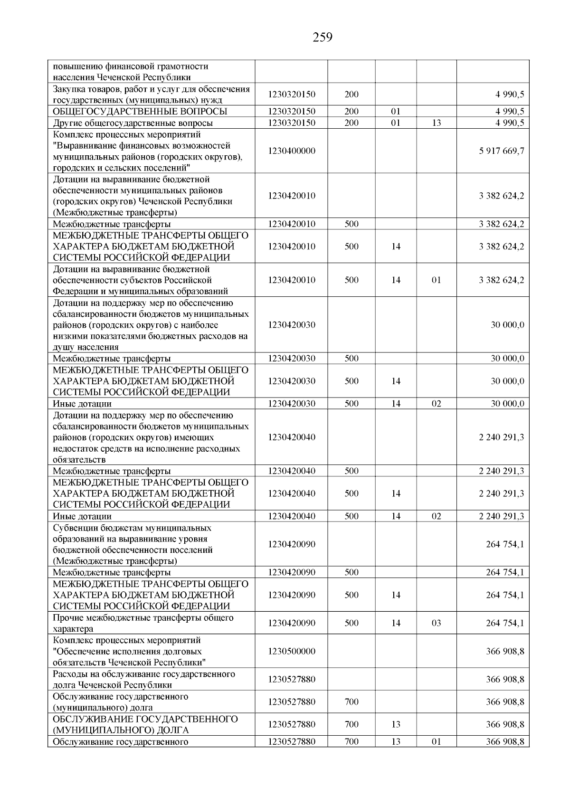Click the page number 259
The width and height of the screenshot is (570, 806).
[323, 37]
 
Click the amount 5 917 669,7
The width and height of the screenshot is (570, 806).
[502, 151]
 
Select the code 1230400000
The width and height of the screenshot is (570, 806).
[291, 151]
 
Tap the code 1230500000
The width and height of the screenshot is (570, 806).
[291, 651]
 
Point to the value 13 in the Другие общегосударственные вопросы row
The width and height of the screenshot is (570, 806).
[436, 123]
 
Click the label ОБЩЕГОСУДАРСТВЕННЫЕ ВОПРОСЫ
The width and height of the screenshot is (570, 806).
[140, 112]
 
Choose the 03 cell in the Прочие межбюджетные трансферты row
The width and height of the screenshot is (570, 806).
[436, 623]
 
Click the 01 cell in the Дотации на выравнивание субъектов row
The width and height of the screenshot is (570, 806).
[436, 280]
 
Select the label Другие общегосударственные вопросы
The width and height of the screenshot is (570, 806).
[133, 123]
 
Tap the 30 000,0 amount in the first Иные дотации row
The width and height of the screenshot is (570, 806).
[507, 404]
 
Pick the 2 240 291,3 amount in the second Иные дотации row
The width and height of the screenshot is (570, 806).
[502, 516]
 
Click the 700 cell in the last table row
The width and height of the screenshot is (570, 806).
[351, 742]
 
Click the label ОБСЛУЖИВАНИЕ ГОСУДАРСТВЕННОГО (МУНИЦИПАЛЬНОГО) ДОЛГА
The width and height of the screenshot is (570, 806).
[145, 724]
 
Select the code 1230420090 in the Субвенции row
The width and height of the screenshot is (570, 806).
[291, 544]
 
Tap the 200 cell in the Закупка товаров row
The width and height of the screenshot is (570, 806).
[351, 95]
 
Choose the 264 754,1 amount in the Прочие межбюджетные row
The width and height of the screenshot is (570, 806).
[505, 623]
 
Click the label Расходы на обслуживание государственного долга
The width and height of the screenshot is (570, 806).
[144, 680]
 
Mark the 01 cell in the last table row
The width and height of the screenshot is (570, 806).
[436, 742]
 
